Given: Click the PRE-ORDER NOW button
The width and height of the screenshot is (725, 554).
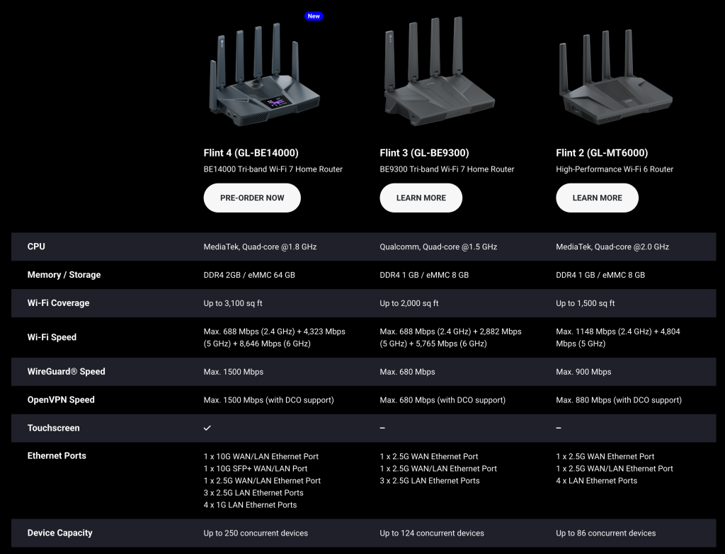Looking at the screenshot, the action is pos(252,198).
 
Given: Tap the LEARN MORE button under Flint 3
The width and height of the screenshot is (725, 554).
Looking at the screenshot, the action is pos(421,198).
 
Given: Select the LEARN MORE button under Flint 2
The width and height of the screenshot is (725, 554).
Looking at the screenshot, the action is pos(597,198).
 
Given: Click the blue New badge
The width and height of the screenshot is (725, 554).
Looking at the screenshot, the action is pos(314,16).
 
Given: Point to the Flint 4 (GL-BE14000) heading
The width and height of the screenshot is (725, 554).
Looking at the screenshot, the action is pos(251,153).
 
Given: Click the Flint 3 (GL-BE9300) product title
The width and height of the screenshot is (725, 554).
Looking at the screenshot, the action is pos(425,153).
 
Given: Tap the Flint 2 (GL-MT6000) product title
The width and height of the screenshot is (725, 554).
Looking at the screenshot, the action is pos(602,153).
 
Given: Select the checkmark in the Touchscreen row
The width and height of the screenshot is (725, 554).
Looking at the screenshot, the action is pos(207,428).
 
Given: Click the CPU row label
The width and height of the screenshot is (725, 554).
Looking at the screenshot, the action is pos(36,247).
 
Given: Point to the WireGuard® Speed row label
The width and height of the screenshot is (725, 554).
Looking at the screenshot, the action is pos(66,372).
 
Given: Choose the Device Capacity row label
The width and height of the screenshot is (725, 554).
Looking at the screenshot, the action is pos(59,533).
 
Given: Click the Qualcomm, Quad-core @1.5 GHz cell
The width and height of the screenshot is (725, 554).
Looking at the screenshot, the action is pos(438,247).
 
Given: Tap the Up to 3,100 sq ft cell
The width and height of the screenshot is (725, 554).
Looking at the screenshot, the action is pos(233,303).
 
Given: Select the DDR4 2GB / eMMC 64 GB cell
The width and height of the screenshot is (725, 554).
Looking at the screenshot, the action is pos(249,275).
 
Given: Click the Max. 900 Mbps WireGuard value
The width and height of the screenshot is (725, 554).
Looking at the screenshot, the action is pos(583,372).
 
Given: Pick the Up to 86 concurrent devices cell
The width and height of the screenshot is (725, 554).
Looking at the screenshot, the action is pos(606,533).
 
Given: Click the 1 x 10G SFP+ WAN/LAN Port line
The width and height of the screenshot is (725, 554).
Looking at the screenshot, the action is pos(255,468).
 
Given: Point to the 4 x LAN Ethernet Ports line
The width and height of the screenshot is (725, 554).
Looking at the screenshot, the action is pos(596,480).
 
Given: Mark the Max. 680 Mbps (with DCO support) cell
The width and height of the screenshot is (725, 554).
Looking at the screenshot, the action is pos(443,400).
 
